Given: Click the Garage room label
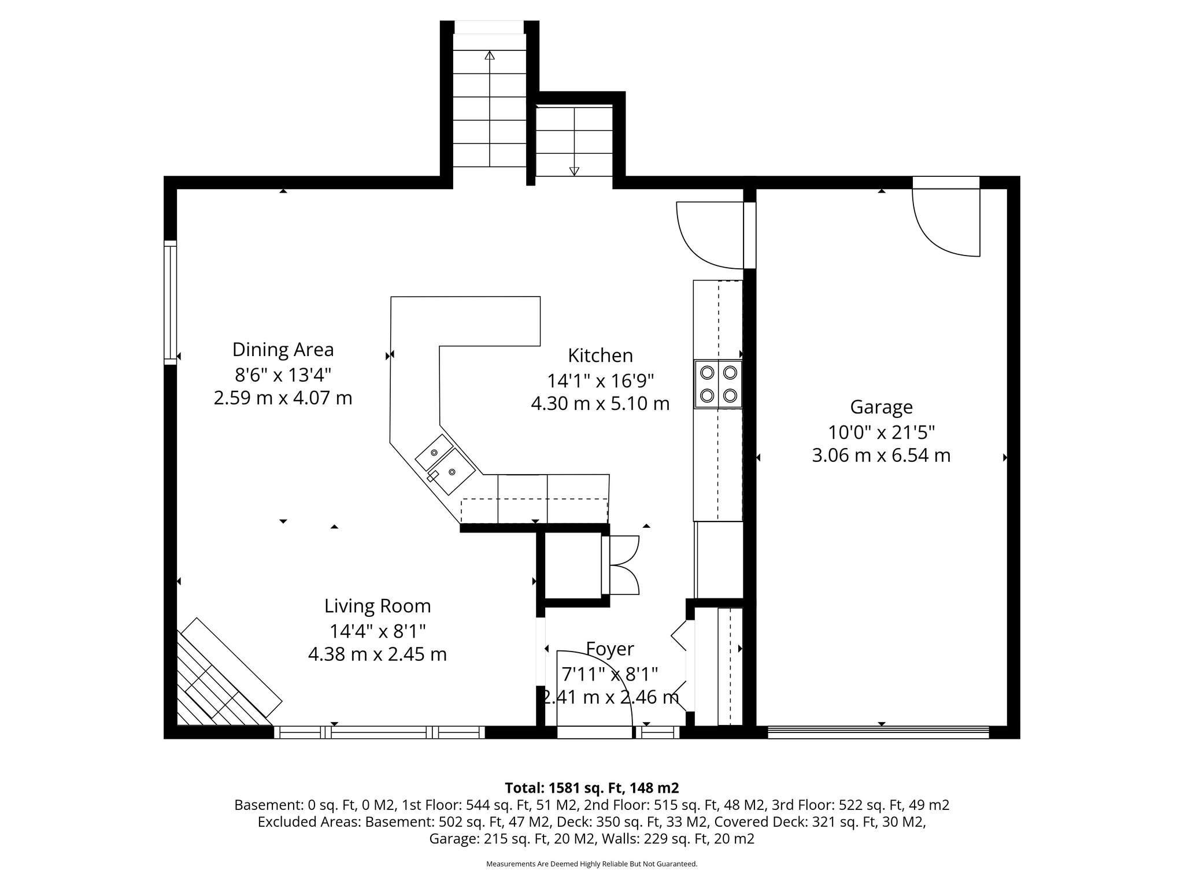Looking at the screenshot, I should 881,407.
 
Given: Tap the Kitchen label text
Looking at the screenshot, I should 600,355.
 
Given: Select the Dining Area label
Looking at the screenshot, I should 283,350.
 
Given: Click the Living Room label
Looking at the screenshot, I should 378,606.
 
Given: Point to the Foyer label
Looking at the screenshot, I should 610,649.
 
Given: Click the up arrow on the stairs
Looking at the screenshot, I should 490,56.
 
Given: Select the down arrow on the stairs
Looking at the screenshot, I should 574,171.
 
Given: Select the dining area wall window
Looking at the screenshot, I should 170,302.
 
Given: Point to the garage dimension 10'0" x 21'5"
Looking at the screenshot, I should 881,432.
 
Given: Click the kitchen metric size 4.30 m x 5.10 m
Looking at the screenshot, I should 600,404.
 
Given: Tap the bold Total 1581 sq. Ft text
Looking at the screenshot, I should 591,788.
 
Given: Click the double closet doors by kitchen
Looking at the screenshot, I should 621,565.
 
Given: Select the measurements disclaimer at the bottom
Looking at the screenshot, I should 591,864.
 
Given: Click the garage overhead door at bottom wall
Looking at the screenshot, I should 878,732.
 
